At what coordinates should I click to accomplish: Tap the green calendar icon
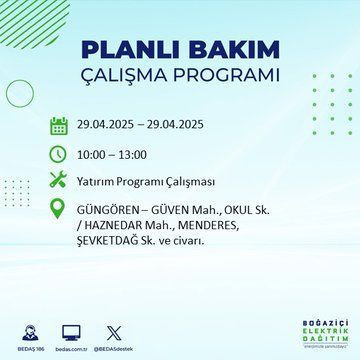point(59,126)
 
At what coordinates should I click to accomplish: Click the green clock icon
point(59,156)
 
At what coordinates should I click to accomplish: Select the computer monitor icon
point(71,330)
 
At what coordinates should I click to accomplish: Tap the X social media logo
point(111,330)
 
